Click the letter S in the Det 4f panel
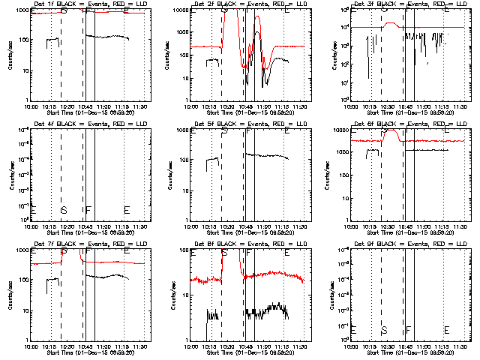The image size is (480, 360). (x=64, y=210)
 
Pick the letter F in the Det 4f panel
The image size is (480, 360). (x=88, y=210)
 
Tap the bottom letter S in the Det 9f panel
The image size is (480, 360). (x=385, y=330)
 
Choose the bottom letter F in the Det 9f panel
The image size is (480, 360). (x=409, y=330)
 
